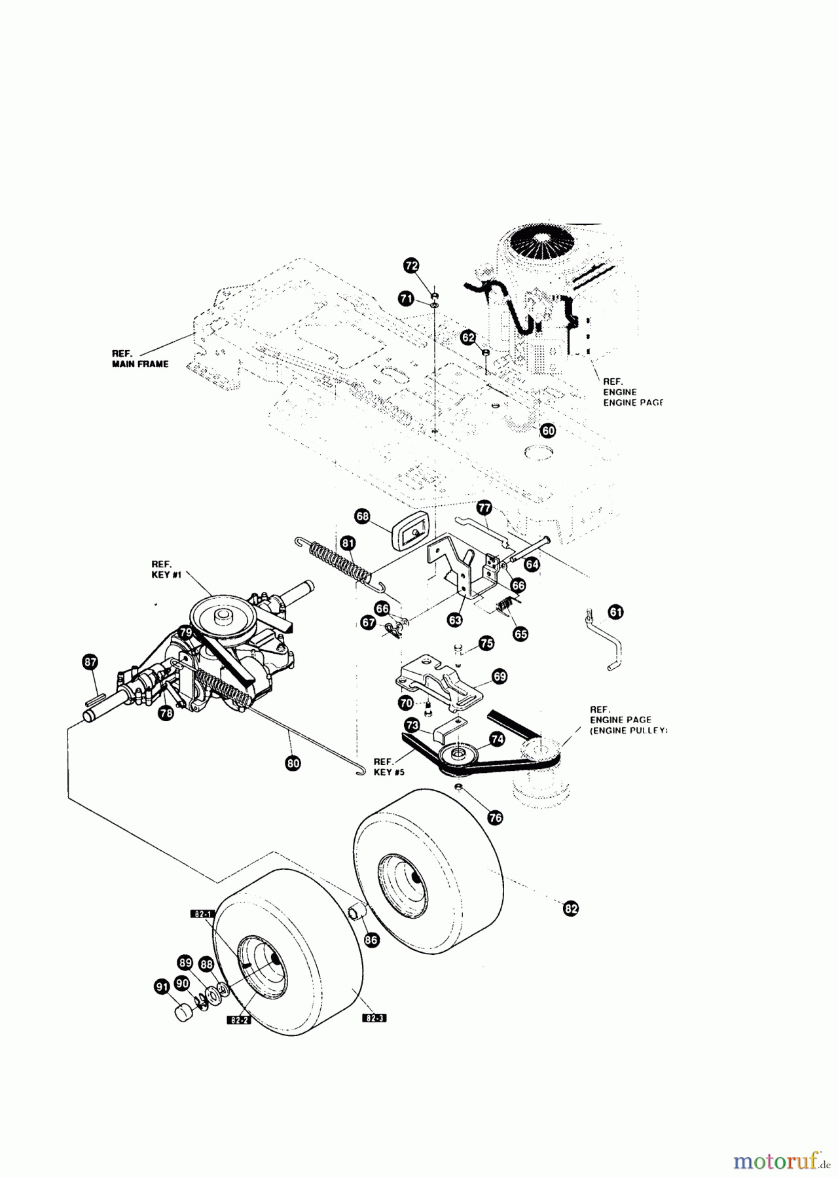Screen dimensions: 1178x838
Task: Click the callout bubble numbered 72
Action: coord(411,265)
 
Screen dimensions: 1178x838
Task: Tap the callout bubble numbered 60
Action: coord(548,430)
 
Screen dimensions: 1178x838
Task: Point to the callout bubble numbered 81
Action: coord(348,542)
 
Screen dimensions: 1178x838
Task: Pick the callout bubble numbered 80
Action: coord(293,762)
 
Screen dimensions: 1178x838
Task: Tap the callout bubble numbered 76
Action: coord(495,817)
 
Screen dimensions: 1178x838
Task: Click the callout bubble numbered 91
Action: coord(161,988)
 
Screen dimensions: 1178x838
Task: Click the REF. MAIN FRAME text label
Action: coord(139,359)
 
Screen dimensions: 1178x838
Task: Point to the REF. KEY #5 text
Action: coord(389,766)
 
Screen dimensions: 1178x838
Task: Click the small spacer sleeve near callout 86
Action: coord(357,912)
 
